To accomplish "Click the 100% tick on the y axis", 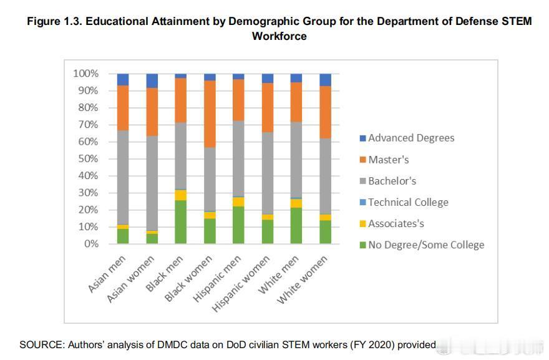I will (x=86, y=74).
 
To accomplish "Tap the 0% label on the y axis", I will (x=91, y=244).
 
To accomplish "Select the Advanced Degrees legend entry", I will (x=411, y=138).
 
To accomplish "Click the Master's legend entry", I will (x=388, y=160).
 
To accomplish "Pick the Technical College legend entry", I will (x=408, y=202).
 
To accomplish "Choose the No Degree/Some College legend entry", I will (x=426, y=245).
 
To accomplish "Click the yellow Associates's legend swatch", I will (x=363, y=224).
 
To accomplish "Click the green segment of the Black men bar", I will (x=180, y=221).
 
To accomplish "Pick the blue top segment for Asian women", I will (x=152, y=80).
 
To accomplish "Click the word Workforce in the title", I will (x=279, y=36).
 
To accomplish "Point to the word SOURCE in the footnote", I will (x=39, y=344).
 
